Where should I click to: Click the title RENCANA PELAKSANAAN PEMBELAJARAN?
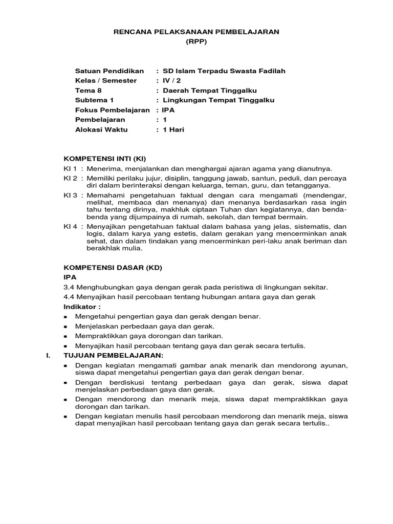tap(196, 32)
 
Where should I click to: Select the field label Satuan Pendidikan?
tap(110, 71)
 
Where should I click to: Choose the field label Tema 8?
tap(89, 91)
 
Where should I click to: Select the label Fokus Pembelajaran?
tap(112, 110)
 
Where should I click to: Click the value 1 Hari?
tap(173, 129)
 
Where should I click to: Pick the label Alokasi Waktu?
tap(101, 129)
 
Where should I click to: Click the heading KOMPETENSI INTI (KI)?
tap(107, 158)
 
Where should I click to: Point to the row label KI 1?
tap(70, 168)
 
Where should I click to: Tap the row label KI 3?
tap(70, 195)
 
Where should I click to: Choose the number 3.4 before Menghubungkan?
tap(69, 287)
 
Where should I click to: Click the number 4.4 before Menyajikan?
tap(69, 297)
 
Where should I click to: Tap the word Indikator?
tap(81, 307)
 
